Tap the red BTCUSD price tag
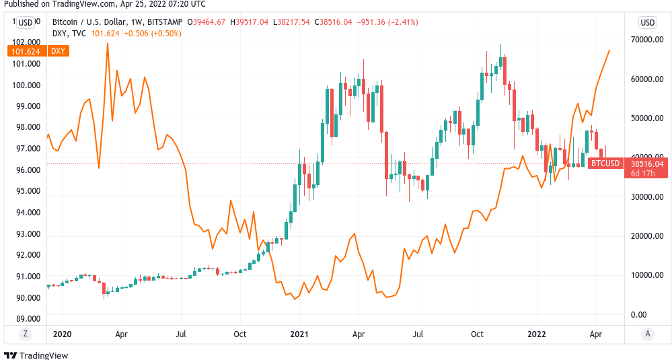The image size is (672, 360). point(605,164)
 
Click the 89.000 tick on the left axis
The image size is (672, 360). point(28,318)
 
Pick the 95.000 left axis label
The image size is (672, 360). point(28,191)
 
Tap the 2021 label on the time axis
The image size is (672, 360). point(299,334)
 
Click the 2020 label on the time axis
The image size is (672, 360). point(62,334)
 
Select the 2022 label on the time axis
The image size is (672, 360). point(537,334)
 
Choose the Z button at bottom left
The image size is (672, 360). point(26,334)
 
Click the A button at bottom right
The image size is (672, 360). point(647,334)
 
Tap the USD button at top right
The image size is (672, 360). point(647,22)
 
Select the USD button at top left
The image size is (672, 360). point(26,22)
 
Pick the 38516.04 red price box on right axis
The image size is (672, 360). point(647,164)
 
